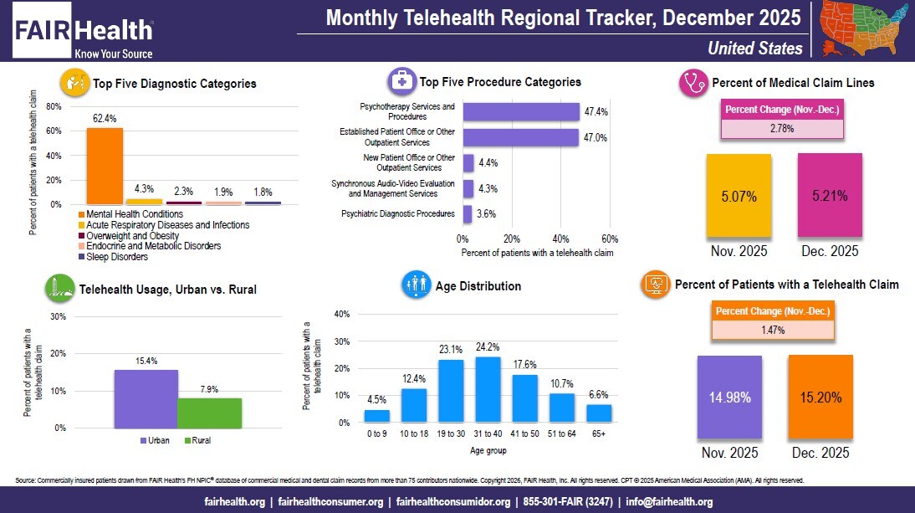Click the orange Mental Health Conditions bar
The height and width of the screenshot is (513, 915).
[105, 166]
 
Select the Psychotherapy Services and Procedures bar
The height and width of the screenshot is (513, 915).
[521, 112]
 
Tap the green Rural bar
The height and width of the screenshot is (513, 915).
[209, 413]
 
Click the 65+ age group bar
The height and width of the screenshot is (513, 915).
[599, 413]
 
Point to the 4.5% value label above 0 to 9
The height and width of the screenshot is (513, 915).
[377, 399]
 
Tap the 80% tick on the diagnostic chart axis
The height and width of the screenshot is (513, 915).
[54, 107]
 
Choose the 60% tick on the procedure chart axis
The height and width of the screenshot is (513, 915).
[610, 237]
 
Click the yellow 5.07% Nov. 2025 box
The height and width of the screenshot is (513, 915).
[739, 197]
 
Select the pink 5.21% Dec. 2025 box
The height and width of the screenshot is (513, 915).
[830, 197]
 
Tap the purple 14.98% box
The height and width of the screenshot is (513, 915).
[730, 396]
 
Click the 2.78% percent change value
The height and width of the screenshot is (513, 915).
[783, 129]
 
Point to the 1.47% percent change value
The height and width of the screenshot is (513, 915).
[773, 330]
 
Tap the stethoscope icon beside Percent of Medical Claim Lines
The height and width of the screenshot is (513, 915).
[692, 83]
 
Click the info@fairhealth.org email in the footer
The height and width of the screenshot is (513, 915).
[668, 501]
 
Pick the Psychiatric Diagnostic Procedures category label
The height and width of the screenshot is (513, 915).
[398, 214]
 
